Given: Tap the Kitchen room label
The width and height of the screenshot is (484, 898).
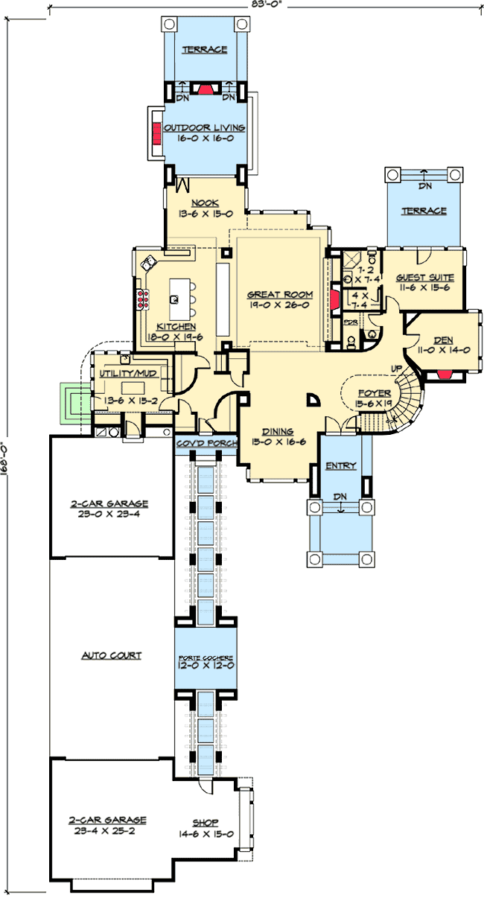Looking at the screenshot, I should [x=176, y=327].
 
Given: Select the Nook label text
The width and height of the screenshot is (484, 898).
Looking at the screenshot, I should [x=203, y=203].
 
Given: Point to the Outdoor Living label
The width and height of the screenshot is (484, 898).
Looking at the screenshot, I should [x=204, y=128].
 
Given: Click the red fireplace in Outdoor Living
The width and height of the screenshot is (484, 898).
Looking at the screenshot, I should [x=157, y=134].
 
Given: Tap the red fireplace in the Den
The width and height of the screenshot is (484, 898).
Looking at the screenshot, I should [x=445, y=375].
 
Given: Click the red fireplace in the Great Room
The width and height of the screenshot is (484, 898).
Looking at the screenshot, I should [x=335, y=299].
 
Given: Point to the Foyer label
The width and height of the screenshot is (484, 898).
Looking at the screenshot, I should [x=371, y=392].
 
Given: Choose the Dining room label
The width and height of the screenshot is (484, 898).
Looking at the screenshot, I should [x=277, y=431].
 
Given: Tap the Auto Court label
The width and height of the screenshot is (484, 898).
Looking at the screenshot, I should [x=112, y=656].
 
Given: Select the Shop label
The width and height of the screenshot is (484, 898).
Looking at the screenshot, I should [x=206, y=823].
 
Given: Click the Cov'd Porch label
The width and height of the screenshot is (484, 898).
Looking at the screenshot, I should [x=206, y=444].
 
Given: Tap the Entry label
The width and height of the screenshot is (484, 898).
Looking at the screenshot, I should [x=341, y=466].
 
